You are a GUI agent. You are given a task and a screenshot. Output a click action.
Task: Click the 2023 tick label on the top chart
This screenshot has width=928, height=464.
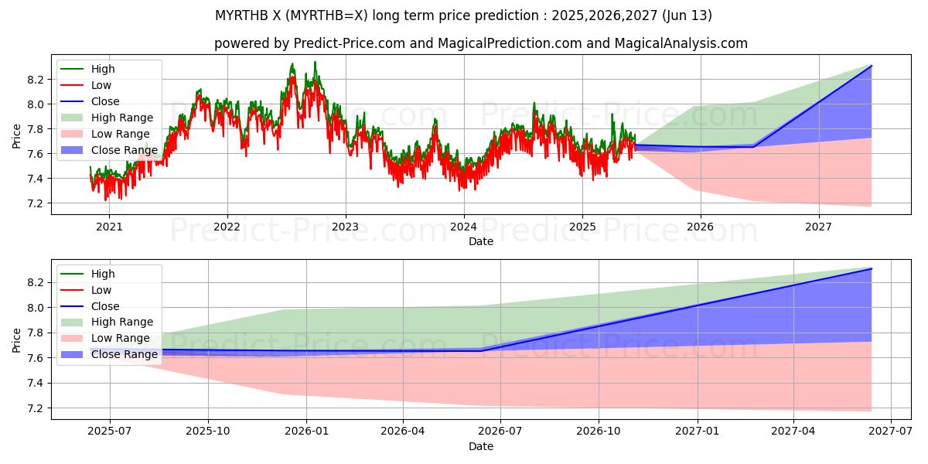click(x=345, y=227)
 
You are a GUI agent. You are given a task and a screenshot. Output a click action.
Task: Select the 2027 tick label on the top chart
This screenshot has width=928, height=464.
click(x=818, y=227)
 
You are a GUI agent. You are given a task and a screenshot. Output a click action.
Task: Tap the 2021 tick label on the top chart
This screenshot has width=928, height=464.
click(x=108, y=227)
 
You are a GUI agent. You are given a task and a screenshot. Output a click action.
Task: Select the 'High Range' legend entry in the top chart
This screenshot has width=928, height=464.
click(x=122, y=118)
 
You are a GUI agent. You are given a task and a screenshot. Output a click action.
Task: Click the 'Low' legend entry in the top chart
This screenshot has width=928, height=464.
click(x=101, y=85)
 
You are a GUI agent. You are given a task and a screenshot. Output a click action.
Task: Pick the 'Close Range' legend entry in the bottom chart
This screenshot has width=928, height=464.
click(x=125, y=355)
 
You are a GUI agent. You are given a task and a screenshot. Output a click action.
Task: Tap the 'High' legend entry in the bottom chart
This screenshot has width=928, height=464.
click(x=103, y=274)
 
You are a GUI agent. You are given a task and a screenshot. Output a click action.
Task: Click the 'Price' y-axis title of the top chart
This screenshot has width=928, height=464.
click(x=17, y=136)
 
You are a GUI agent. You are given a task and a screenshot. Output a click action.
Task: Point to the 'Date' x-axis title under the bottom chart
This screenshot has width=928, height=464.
click(x=481, y=446)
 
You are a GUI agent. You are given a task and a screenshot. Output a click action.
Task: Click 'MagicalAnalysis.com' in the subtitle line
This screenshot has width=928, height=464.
click(x=681, y=43)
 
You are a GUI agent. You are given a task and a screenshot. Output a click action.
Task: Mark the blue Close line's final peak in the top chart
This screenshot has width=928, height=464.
click(x=872, y=66)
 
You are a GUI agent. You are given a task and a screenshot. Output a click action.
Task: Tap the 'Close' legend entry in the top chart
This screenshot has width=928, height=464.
click(x=105, y=101)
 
